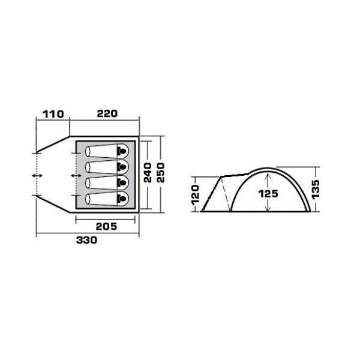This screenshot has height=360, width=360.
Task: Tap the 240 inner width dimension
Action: point(148,174)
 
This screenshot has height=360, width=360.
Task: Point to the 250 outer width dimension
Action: point(160,174)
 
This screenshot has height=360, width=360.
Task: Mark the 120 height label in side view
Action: point(195,194)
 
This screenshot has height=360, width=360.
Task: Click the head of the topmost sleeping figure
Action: point(123,150)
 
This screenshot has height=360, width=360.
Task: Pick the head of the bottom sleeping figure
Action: point(123,198)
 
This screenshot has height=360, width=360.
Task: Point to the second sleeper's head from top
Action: point(123,166)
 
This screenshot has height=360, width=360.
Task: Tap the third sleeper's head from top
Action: point(123,182)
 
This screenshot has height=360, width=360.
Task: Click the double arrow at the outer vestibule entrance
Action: point(37,175)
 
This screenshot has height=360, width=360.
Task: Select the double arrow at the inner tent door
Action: point(76,175)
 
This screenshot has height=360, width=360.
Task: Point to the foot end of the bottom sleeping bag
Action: point(88,198)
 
